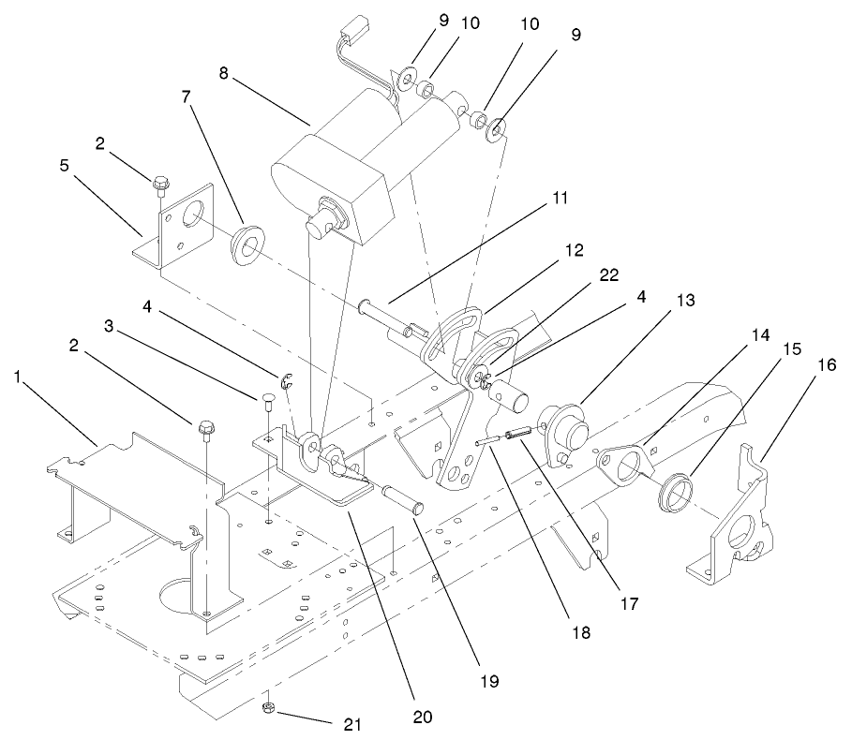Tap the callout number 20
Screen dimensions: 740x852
point(422,717)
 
